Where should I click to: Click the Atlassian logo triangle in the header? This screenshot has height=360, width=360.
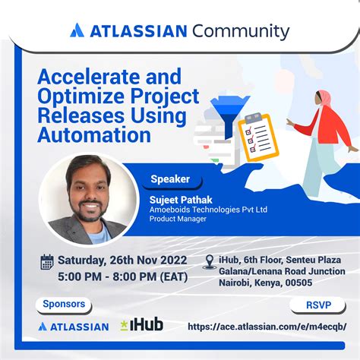point(77,31)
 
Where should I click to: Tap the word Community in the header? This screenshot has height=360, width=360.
point(241,31)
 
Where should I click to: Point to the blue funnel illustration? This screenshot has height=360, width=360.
point(226,114)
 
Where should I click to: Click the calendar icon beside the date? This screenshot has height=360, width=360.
point(47,262)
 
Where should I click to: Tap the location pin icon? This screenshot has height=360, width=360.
point(210,261)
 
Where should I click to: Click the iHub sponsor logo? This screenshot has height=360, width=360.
point(141,326)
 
